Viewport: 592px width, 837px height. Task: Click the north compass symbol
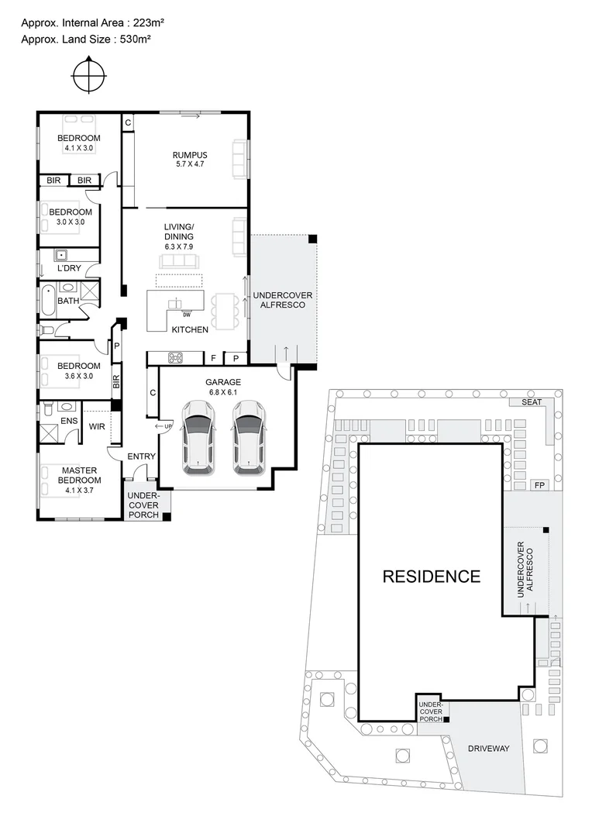click(x=89, y=76)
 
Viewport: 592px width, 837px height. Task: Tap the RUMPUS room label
click(x=190, y=155)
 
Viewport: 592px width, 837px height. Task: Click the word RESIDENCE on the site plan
click(x=431, y=577)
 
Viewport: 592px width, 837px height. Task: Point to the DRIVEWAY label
click(x=488, y=748)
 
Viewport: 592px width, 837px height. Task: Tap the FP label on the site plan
click(x=539, y=485)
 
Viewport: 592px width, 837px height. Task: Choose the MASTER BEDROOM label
click(x=80, y=475)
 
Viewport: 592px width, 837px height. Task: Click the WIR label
click(x=97, y=426)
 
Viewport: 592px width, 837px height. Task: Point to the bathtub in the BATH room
click(x=46, y=301)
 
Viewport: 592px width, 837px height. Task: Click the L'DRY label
click(x=69, y=268)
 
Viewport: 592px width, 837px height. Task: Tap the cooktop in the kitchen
click(x=176, y=357)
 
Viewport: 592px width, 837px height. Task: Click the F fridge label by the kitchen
click(x=213, y=358)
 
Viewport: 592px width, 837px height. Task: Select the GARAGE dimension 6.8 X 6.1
click(x=223, y=393)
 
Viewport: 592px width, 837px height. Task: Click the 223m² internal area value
click(x=142, y=22)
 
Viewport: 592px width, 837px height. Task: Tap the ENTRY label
click(x=141, y=456)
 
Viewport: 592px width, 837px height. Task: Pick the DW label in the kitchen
click(x=187, y=315)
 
